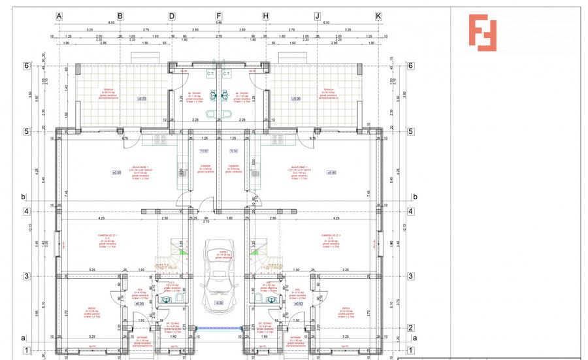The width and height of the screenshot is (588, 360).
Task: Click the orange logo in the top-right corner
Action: [x=482, y=32]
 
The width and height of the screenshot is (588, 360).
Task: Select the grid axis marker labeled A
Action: [x=59, y=16]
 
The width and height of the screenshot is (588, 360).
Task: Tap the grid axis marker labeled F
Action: [x=219, y=16]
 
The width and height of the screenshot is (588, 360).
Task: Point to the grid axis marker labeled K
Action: [x=378, y=16]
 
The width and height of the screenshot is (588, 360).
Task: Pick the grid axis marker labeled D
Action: [x=172, y=16]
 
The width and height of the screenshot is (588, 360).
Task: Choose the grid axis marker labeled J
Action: [x=317, y=16]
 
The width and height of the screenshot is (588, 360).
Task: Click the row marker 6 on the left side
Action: [x=27, y=65]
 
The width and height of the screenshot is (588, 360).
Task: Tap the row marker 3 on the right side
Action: [x=410, y=276]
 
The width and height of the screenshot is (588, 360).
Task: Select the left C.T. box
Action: [x=210, y=74]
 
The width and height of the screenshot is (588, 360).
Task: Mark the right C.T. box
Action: [x=226, y=74]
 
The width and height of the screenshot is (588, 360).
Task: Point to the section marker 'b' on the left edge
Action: [x=23, y=196]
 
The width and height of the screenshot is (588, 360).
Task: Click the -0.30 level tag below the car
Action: [x=220, y=303]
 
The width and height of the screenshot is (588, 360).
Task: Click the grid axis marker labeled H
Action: [x=266, y=16]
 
